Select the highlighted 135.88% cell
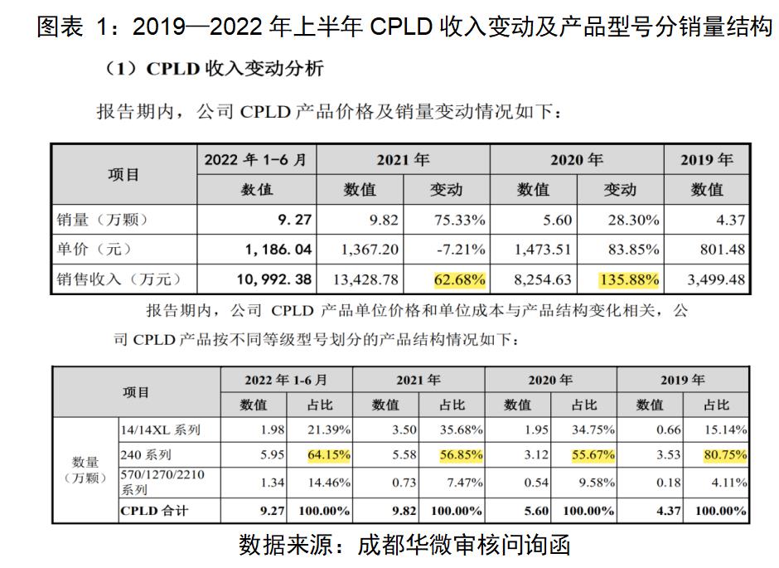[630, 279]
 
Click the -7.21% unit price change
[462, 250]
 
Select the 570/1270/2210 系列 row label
[162, 482]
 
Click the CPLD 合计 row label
[155, 511]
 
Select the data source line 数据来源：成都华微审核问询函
[404, 546]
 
